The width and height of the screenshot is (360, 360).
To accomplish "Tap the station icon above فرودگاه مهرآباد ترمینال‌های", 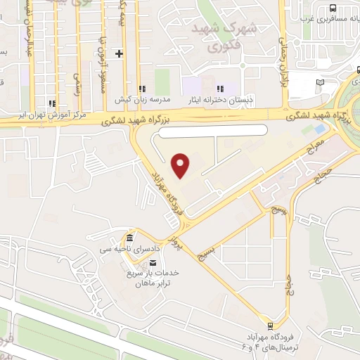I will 269,325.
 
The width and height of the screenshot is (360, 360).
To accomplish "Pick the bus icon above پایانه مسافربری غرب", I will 333,8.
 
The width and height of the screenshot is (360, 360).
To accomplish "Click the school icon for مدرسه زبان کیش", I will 143,89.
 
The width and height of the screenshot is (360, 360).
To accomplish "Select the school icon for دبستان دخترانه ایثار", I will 220,89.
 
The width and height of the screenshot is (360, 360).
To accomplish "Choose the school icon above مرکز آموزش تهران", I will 51,103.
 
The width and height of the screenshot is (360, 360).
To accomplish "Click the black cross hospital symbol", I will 119,53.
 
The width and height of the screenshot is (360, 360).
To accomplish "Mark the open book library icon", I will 321,82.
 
